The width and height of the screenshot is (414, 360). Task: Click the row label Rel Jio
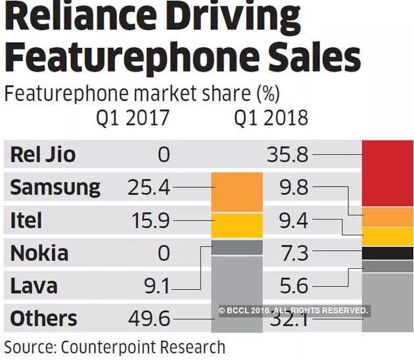click(x=43, y=155)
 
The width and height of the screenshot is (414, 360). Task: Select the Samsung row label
click(x=55, y=188)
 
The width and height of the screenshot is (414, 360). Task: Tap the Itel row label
click(x=27, y=220)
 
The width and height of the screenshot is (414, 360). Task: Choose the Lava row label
click(x=34, y=286)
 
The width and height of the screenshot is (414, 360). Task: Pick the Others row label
click(x=43, y=319)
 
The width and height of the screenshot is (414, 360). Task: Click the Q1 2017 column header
click(x=133, y=118)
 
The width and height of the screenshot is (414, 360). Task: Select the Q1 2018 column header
click(x=271, y=118)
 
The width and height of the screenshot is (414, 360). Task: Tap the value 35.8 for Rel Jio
click(x=287, y=155)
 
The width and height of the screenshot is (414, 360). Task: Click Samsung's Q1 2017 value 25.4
click(x=148, y=188)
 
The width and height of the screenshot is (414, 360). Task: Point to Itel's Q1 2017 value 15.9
click(x=148, y=220)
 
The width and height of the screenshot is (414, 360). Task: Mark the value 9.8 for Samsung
click(x=293, y=188)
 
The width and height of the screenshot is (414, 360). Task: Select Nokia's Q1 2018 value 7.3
click(x=293, y=253)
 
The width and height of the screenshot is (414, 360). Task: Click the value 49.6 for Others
click(x=148, y=319)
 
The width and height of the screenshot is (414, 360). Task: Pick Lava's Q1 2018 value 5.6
click(x=293, y=286)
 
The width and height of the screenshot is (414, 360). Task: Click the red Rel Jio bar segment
click(x=387, y=173)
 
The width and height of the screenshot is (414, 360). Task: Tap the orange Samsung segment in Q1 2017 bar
click(x=236, y=192)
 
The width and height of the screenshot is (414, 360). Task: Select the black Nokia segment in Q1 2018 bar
click(x=387, y=253)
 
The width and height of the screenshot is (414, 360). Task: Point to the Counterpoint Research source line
click(x=115, y=346)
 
